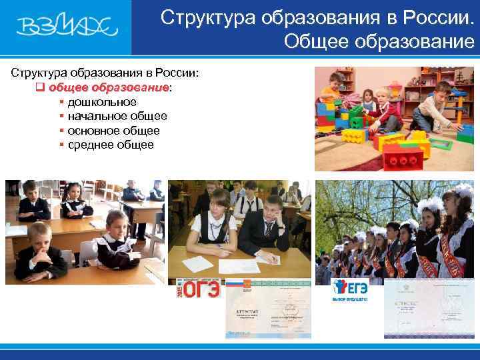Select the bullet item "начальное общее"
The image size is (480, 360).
[117, 116]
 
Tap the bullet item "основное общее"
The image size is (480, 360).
[113, 131]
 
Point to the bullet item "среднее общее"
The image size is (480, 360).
[111, 145]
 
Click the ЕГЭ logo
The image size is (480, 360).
[349, 291]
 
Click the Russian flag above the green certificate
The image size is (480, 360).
[234, 283]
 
